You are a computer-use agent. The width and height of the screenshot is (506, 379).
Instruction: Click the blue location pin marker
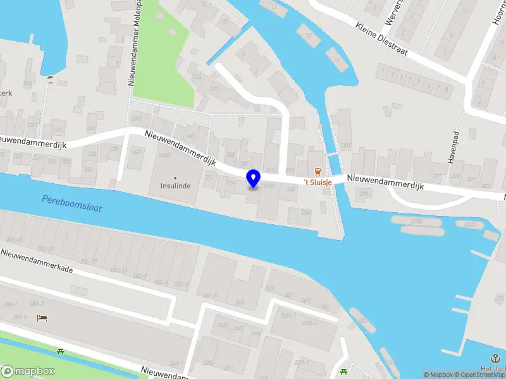[x=254, y=178]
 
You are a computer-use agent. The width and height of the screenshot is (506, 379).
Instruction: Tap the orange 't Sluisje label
[x=318, y=183]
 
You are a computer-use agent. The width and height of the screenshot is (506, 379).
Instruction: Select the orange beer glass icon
[x=318, y=172]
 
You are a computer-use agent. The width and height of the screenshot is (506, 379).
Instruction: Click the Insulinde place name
[x=175, y=186]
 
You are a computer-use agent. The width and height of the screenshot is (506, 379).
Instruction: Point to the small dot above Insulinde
[x=175, y=177]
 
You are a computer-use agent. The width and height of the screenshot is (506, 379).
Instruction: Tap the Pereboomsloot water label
[x=71, y=203]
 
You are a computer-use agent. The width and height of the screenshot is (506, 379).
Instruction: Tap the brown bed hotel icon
[x=42, y=318]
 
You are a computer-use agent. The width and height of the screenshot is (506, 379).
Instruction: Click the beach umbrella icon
[x=50, y=79]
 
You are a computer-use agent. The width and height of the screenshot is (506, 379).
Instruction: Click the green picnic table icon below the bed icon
[x=60, y=351]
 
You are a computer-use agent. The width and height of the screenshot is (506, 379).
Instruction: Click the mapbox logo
[x=28, y=371]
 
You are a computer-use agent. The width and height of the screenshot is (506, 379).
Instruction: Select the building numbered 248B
[x=165, y=155]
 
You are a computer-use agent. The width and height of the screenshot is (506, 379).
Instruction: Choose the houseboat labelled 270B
[x=416, y=222]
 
